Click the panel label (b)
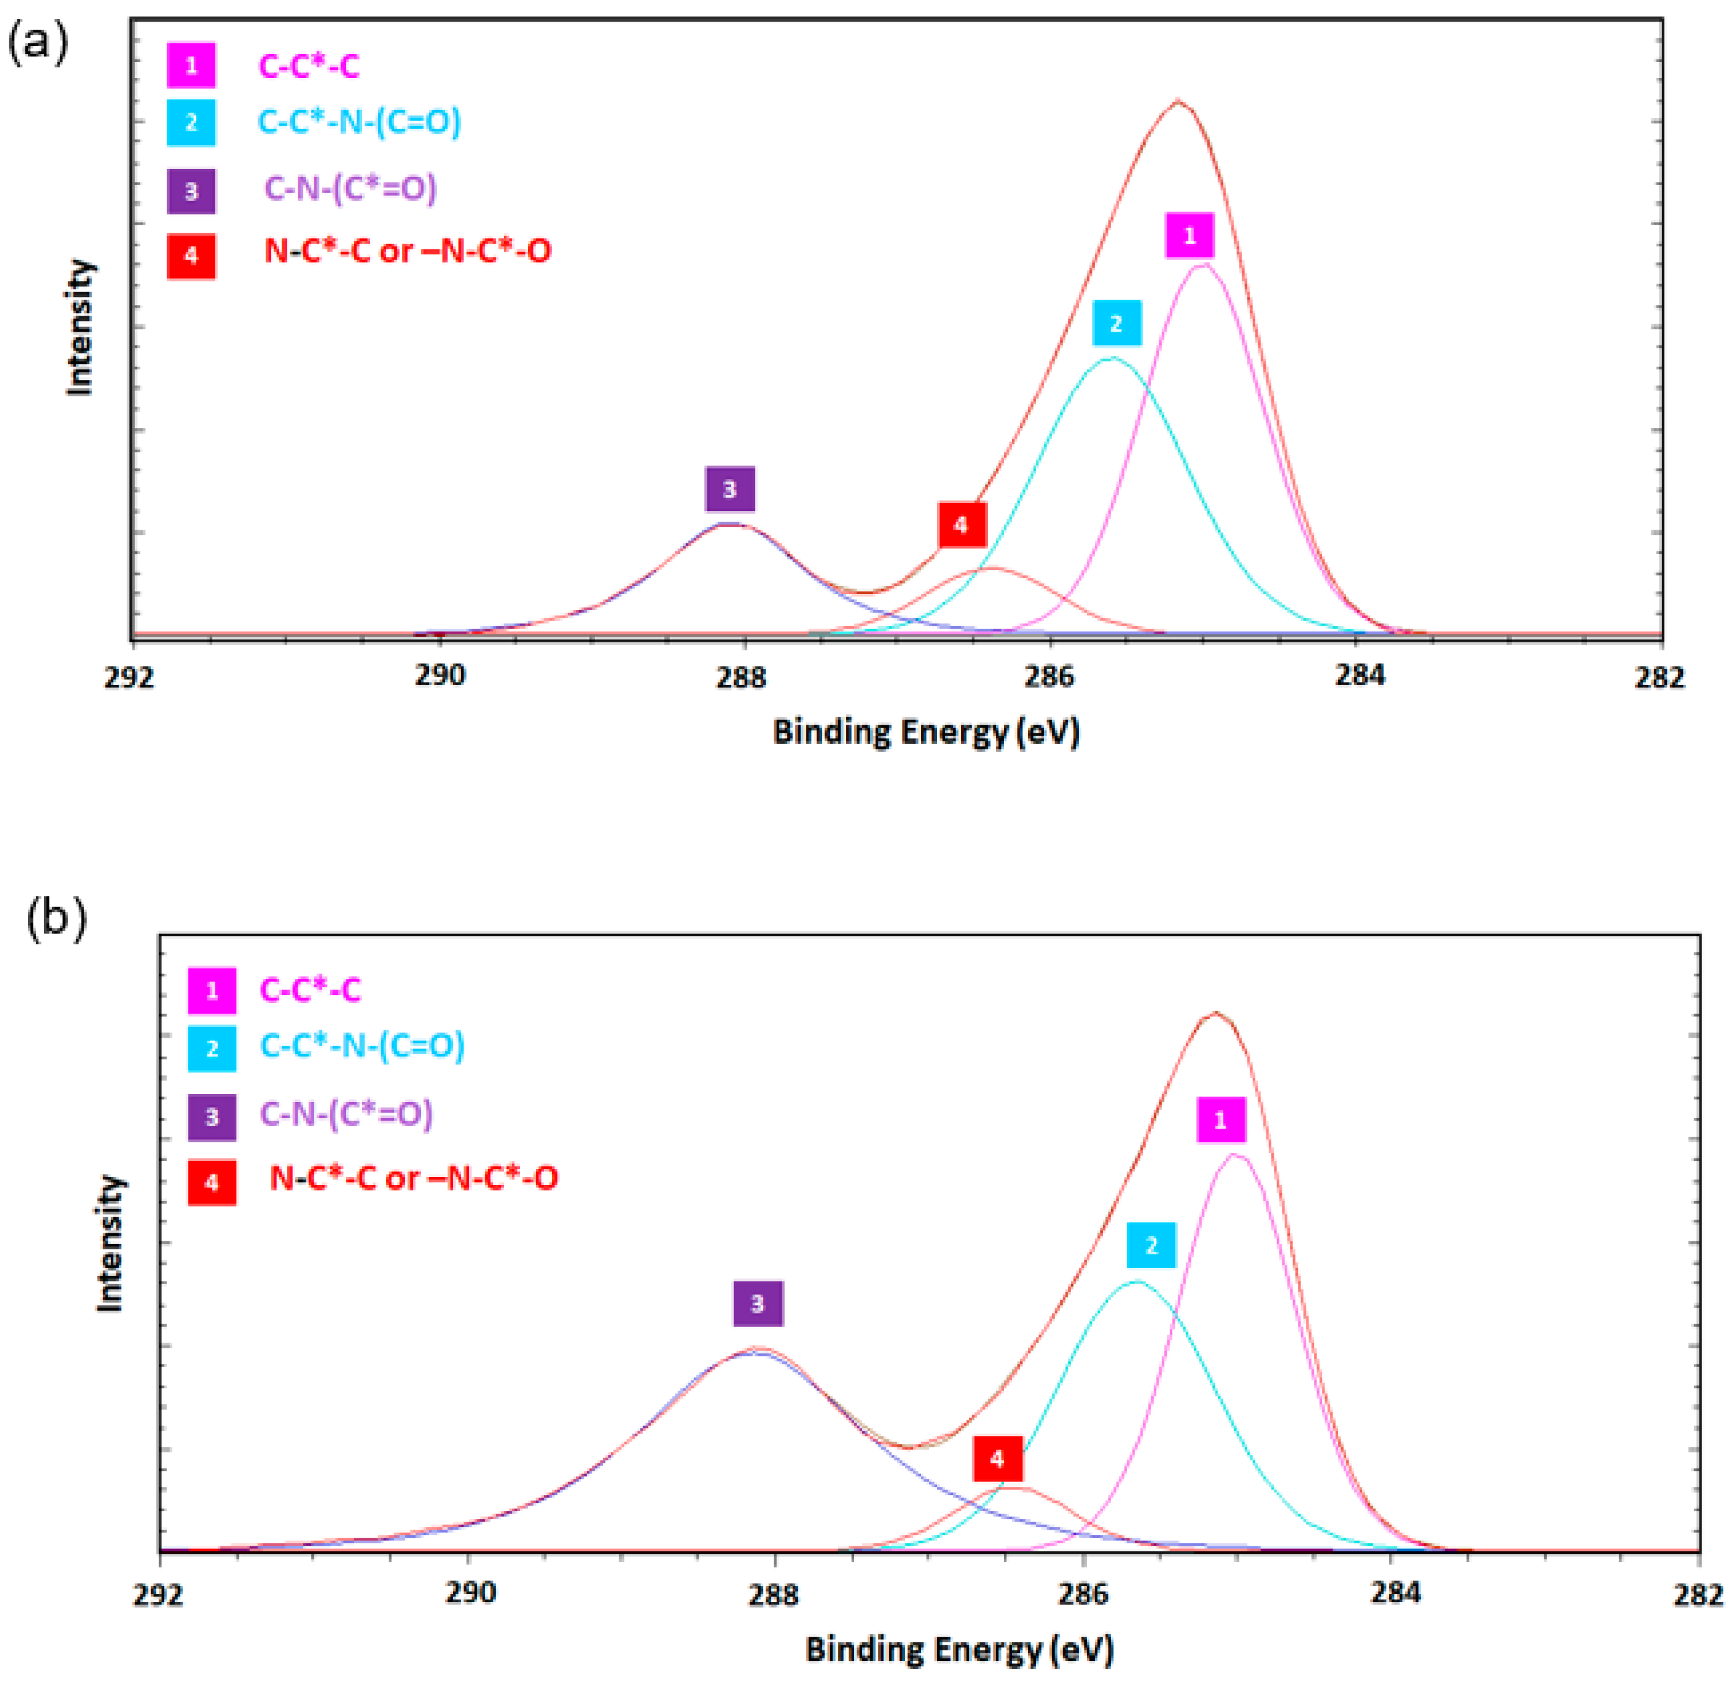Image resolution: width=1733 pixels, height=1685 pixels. [x=56, y=920]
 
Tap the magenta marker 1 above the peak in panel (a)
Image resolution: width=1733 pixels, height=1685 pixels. [x=1189, y=235]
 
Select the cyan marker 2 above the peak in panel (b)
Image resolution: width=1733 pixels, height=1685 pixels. [x=1151, y=1245]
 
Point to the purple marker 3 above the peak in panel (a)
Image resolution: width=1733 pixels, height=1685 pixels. [x=729, y=489]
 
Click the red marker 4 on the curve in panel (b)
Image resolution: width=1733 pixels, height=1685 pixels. [x=998, y=1459]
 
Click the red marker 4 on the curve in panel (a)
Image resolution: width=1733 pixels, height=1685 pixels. [x=962, y=525]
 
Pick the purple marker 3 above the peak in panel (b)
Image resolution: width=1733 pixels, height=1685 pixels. [x=758, y=1304]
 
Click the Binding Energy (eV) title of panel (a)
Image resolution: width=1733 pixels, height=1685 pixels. [x=926, y=733]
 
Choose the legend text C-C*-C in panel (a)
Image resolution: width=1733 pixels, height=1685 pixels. [x=309, y=66]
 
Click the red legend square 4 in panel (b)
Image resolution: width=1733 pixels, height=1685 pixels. [x=212, y=1183]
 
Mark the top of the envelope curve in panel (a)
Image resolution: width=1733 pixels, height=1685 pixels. [x=1178, y=101]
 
